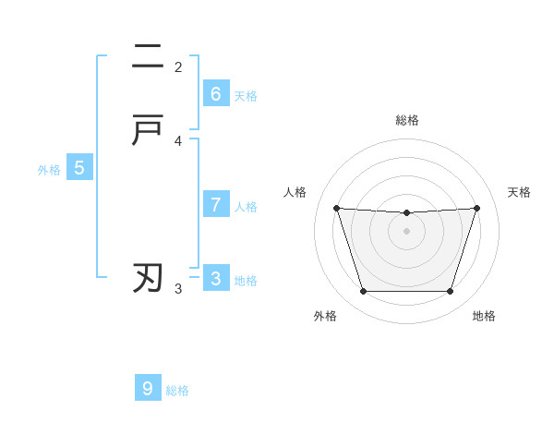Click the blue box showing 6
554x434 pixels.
point(216,94)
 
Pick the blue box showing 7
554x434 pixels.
point(216,205)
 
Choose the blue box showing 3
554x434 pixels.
point(216,279)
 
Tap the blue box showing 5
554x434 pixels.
point(79,168)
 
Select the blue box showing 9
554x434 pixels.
point(148,389)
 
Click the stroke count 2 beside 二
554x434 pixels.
point(178,66)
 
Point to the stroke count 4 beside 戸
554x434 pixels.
point(178,141)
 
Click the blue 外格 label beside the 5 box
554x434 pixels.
point(49,170)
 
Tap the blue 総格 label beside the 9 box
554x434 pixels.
point(177,391)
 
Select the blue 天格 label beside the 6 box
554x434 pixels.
point(246,96)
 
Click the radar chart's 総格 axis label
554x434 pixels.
point(407,120)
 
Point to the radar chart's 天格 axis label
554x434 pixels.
point(519,192)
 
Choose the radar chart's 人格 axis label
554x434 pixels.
point(295,192)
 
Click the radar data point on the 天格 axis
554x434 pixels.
point(476,209)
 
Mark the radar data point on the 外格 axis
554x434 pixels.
point(363,292)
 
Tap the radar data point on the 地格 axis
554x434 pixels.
point(450,292)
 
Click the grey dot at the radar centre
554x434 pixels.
point(406,231)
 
